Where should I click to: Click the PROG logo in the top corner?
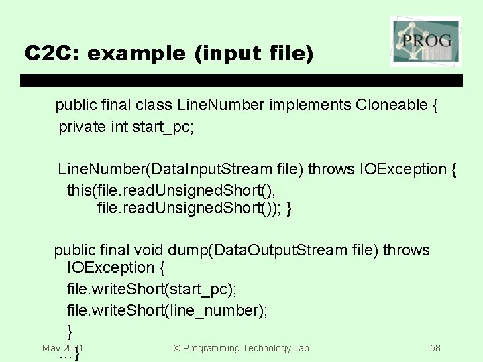point(425,42)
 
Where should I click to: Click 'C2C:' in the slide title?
point(52,53)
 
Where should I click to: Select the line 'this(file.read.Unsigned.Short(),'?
point(171,190)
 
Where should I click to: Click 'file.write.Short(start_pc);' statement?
point(152,289)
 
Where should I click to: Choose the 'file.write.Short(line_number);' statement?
point(167,310)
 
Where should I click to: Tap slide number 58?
point(435,348)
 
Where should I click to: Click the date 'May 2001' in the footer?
point(62,348)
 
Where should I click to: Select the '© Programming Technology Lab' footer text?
point(241,348)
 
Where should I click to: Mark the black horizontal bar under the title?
point(241,80)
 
